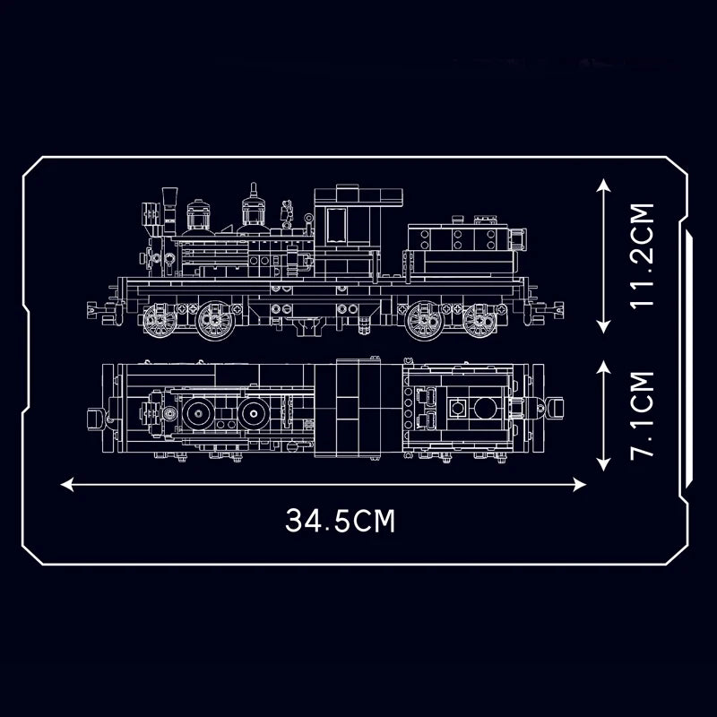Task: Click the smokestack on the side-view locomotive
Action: coord(169,202)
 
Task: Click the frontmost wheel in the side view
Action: coord(160,320)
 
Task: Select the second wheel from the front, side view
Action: coord(215,320)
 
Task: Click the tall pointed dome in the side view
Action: coord(255,206)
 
